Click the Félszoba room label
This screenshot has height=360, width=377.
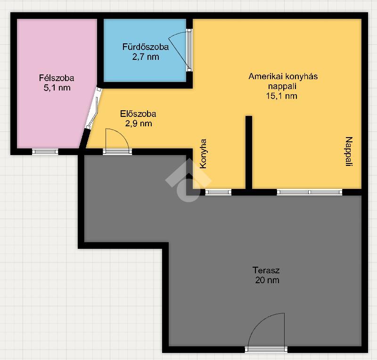click(x=57, y=78)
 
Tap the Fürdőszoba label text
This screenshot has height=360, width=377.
click(x=146, y=47)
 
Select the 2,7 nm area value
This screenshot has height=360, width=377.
click(x=146, y=57)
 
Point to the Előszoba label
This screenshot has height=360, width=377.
click(x=138, y=114)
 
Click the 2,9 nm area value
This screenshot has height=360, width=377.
click(x=139, y=123)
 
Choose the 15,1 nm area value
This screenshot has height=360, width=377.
click(x=281, y=96)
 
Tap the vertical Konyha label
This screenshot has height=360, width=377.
click(x=204, y=154)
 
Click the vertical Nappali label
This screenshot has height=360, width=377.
click(x=349, y=152)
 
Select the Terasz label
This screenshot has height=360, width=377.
click(x=266, y=270)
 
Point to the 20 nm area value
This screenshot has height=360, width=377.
click(x=267, y=280)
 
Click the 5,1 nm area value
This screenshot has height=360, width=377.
click(x=57, y=88)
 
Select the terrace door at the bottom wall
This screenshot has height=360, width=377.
click(x=266, y=349)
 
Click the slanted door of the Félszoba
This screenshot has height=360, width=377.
click(x=92, y=108)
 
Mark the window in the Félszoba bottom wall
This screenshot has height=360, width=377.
click(x=45, y=152)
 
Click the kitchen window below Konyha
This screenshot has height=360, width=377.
click(x=218, y=192)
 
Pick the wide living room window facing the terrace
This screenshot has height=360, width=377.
click(x=310, y=192)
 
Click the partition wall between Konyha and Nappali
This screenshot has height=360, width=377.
click(x=249, y=153)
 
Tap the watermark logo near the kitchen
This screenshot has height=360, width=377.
click(x=188, y=180)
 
